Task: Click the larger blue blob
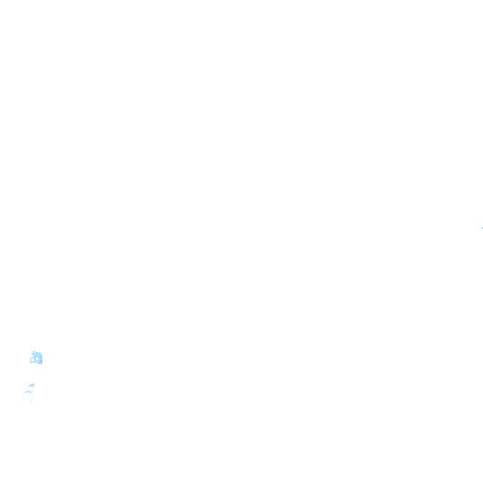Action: [x=38, y=356]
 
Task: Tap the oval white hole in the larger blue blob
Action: [x=32, y=360]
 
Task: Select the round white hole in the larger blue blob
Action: [x=37, y=358]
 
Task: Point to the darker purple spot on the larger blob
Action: [x=42, y=361]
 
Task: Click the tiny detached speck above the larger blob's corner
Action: [x=30, y=351]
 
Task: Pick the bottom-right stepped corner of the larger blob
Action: [x=40, y=364]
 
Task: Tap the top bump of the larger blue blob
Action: [x=34, y=352]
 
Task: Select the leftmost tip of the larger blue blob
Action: [x=30, y=359]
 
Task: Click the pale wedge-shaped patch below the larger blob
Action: [x=32, y=385]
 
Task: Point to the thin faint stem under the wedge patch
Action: [x=33, y=389]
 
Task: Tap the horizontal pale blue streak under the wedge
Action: [x=28, y=391]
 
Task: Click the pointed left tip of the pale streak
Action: [x=23, y=391]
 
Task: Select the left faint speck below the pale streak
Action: [x=23, y=400]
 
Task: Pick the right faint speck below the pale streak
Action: [x=31, y=401]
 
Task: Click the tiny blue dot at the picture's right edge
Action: [x=482, y=228]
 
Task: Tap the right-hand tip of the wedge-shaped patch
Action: [x=35, y=384]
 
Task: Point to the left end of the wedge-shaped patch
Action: [x=29, y=386]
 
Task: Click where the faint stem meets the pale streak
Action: [x=33, y=391]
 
